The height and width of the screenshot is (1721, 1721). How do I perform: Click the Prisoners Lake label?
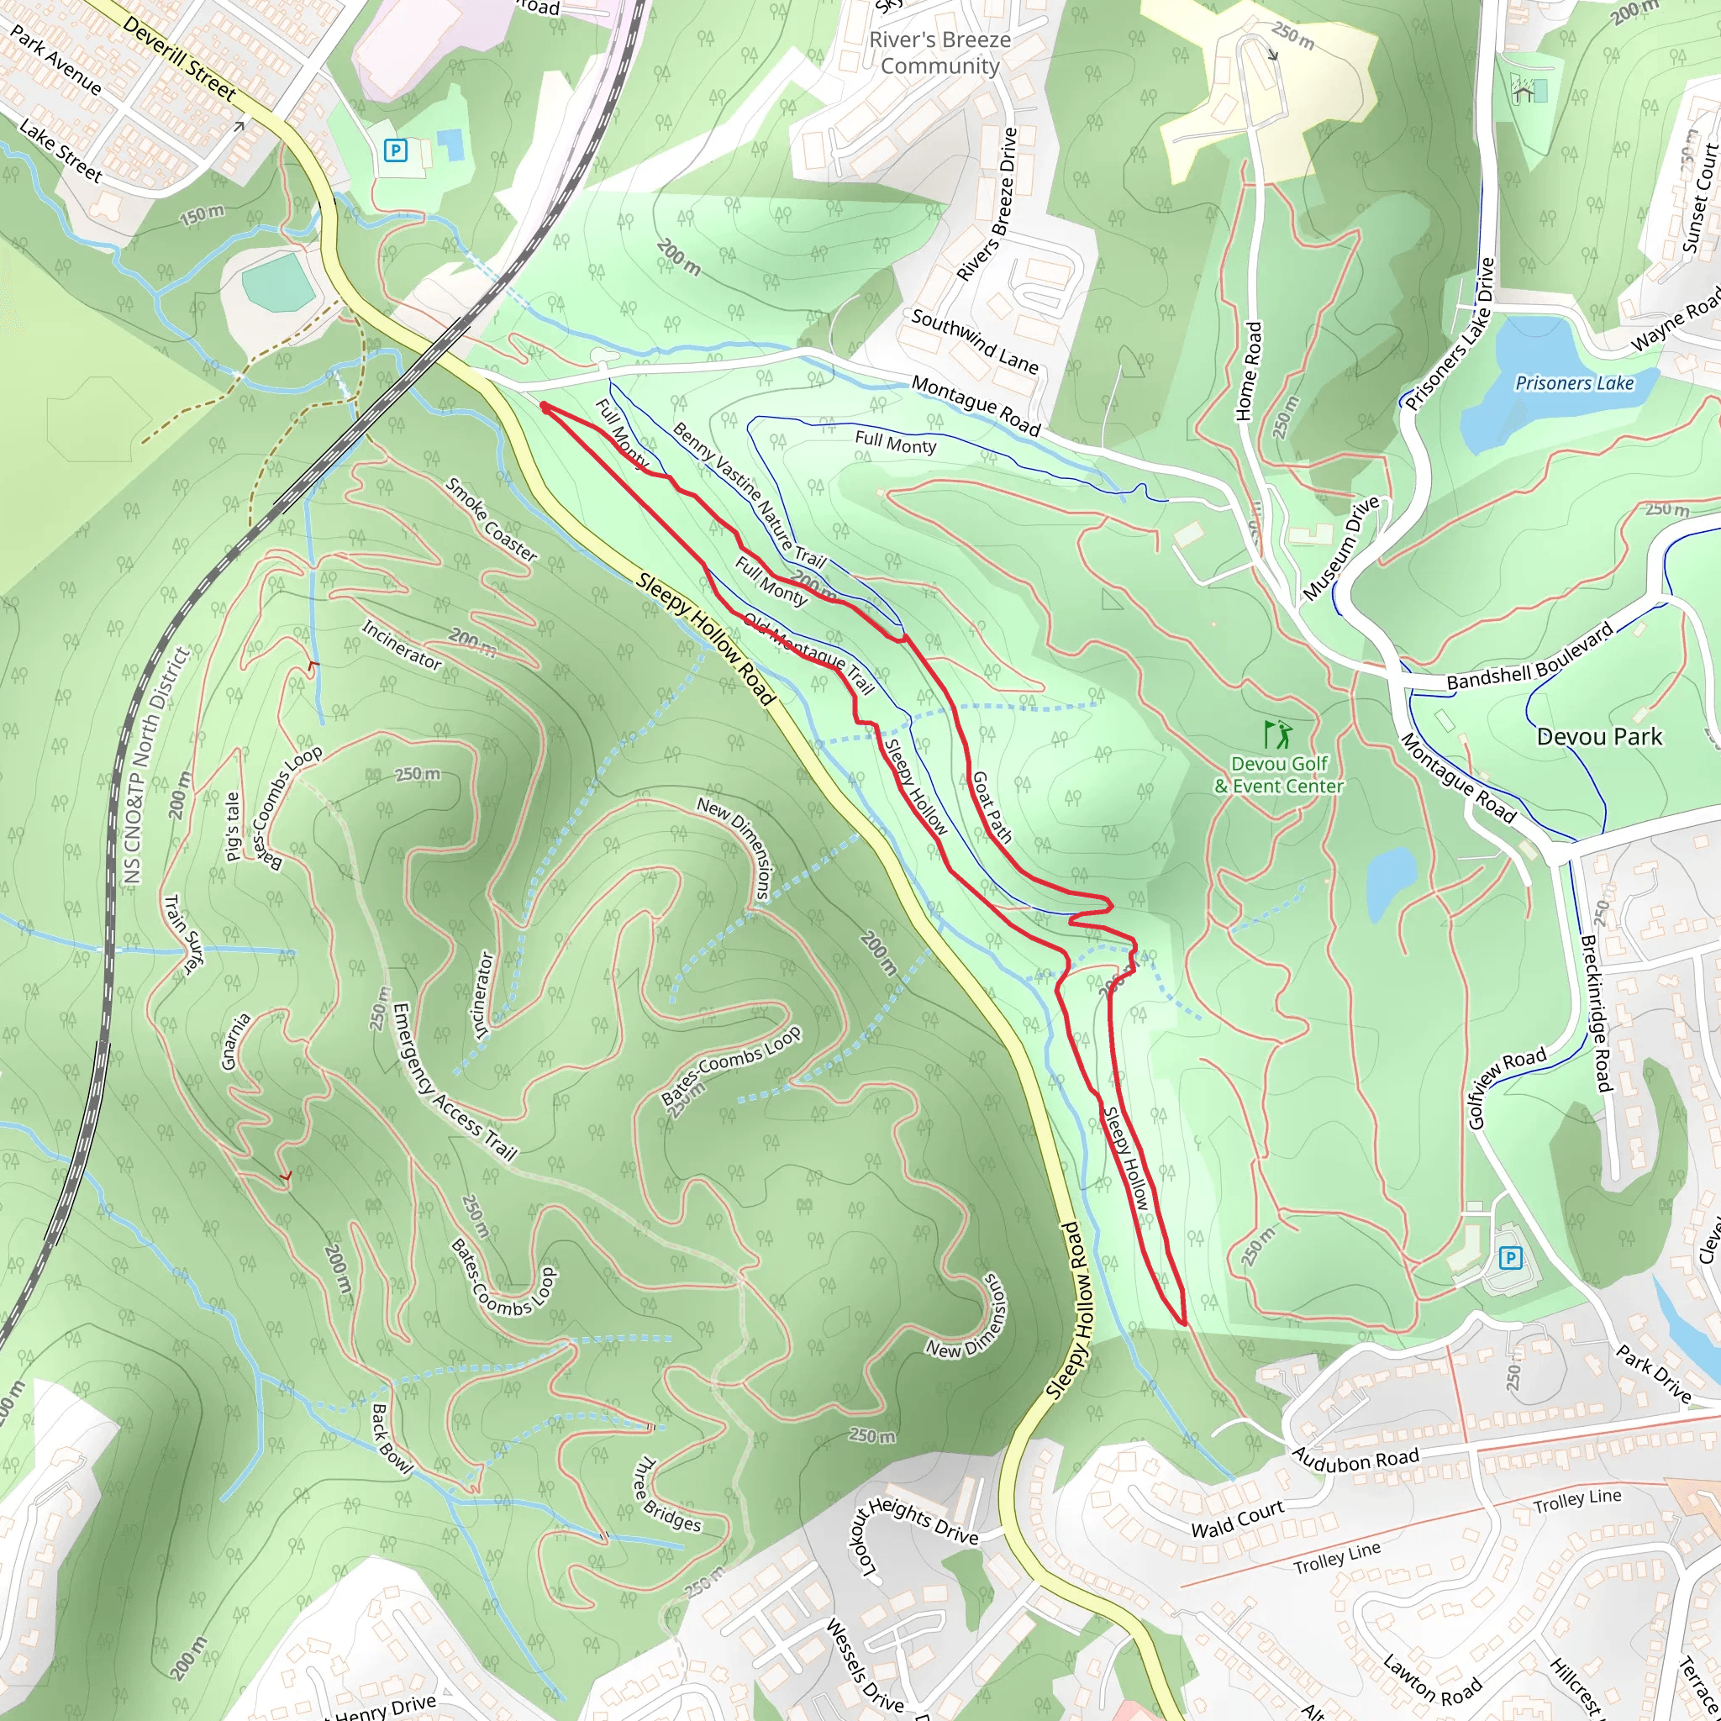click(1574, 383)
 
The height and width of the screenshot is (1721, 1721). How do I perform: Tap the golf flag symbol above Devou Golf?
click(1276, 735)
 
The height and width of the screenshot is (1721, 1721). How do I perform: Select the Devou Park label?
click(1599, 737)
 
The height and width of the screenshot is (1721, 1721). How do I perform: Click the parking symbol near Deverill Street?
click(395, 150)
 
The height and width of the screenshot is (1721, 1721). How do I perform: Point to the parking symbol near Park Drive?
click(1510, 1259)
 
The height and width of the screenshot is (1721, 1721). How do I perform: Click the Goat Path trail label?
click(992, 807)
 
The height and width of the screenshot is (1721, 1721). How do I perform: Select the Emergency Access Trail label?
click(454, 1082)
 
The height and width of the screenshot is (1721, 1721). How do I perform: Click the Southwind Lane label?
click(975, 341)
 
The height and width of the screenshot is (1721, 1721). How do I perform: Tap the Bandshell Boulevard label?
click(1529, 656)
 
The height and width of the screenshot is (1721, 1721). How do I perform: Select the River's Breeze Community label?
click(939, 53)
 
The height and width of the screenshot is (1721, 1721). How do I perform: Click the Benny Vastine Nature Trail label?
click(748, 495)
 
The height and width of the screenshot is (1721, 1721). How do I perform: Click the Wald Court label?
click(1237, 1518)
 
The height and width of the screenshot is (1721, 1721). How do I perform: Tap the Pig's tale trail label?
click(233, 827)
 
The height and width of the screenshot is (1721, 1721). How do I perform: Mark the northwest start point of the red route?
click(544, 406)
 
